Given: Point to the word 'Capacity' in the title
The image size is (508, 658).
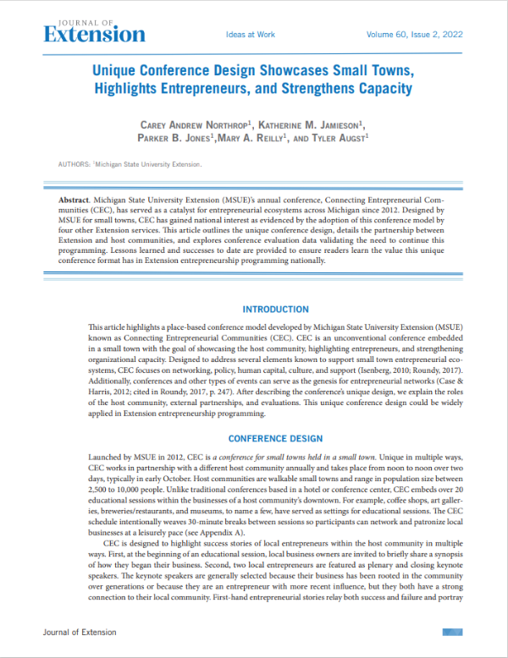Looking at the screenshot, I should pos(383,87).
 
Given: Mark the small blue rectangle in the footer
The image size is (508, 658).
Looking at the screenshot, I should pos(450,632).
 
